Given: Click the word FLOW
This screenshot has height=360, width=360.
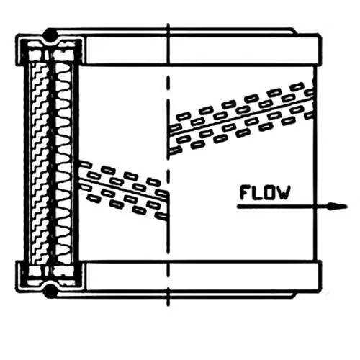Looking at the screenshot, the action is pos(265,192).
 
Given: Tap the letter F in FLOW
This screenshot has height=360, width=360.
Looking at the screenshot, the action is pos(246,192).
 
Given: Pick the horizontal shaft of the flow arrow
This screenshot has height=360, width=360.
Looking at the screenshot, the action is pos(283,207).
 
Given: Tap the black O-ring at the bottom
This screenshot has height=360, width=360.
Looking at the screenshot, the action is pos(50,291).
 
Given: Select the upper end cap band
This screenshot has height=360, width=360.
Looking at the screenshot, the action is pos(203,50).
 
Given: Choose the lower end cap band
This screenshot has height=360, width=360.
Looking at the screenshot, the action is pos(203,276).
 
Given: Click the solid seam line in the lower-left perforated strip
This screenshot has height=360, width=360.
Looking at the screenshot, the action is pos(124,189).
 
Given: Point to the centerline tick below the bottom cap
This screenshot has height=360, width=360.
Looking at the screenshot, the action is pos(168,297).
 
